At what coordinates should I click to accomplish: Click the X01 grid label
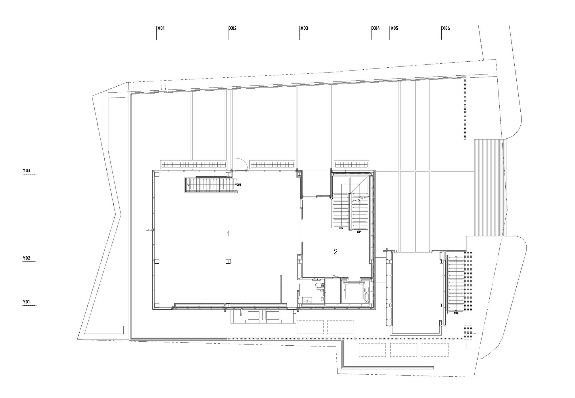point(161,28)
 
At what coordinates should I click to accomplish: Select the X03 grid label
point(304,28)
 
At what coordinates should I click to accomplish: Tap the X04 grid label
point(376,28)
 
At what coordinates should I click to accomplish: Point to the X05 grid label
point(394,28)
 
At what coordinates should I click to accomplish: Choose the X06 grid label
point(446,28)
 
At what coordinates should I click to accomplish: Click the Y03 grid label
point(26,171)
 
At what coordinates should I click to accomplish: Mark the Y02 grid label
point(26,258)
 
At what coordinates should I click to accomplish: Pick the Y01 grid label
point(26,302)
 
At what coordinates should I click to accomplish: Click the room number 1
point(229,234)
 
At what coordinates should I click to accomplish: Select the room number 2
point(336,252)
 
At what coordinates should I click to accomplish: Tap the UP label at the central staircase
point(359,231)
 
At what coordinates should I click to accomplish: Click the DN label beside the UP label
point(341,228)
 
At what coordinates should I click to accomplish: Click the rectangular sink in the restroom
point(307,300)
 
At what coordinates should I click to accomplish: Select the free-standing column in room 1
point(228,262)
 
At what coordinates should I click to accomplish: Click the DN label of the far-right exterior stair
point(456,313)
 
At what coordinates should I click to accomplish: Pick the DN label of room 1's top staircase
point(239,184)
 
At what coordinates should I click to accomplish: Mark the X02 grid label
point(233,28)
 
